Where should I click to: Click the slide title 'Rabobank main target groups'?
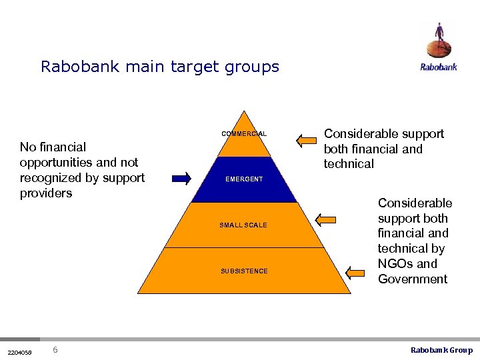click(160, 67)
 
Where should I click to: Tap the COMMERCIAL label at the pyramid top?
click(244, 134)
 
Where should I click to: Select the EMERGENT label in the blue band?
click(244, 179)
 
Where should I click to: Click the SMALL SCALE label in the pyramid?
click(243, 225)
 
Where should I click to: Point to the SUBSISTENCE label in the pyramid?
click(244, 271)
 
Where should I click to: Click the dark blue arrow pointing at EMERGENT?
click(181, 178)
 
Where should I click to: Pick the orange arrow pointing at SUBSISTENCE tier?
click(359, 271)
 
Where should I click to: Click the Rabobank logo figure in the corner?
click(439, 41)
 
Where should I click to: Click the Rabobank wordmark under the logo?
click(439, 67)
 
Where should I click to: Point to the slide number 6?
click(55, 350)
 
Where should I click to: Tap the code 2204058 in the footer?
click(19, 351)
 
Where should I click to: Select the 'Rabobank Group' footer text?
click(441, 350)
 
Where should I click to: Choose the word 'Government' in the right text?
click(413, 279)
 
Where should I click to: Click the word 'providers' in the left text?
click(46, 193)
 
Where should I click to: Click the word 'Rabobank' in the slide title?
click(76, 67)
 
